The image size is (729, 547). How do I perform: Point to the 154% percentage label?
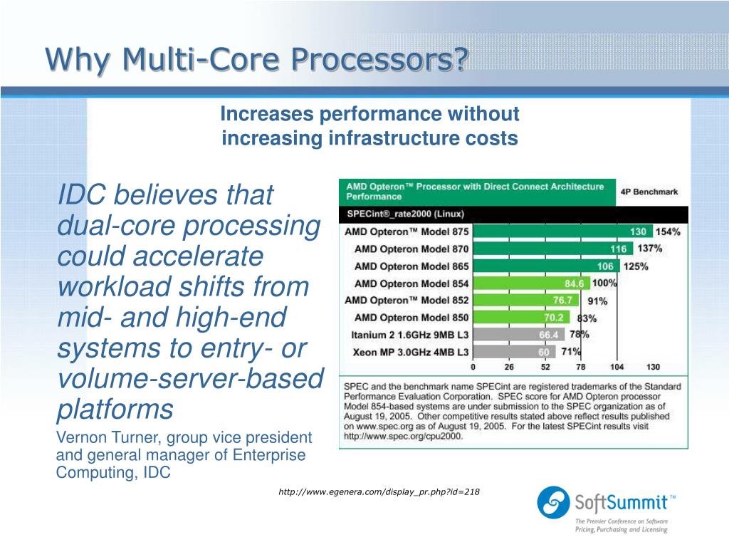tap(668, 231)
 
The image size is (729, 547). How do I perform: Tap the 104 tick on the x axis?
tap(617, 367)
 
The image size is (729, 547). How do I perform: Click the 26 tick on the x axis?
tap(509, 367)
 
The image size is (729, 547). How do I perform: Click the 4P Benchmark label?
tap(649, 192)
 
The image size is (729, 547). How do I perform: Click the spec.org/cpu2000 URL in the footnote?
tap(403, 436)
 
